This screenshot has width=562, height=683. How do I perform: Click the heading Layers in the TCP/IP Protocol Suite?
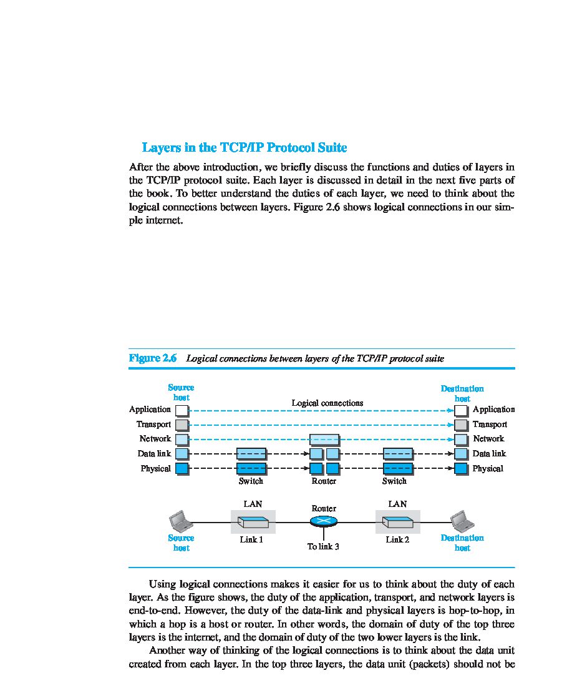245,148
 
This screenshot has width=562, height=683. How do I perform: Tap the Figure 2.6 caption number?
153,358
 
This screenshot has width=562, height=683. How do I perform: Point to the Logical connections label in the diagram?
327,403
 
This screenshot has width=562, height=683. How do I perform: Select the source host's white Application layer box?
182,410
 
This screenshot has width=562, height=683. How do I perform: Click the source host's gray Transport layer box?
182,425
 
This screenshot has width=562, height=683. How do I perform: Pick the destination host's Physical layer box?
461,468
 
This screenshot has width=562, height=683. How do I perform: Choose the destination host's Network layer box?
461,439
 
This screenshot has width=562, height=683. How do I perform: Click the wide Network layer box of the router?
324,439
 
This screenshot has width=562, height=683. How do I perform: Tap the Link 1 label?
251,539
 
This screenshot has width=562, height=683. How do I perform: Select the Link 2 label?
397,539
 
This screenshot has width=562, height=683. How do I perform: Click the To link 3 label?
323,547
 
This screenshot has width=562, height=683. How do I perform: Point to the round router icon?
324,521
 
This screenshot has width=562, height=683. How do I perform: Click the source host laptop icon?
180,520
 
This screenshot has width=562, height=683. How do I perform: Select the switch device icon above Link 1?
253,522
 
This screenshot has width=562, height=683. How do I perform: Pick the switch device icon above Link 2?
397,522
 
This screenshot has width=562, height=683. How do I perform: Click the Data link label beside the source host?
154,454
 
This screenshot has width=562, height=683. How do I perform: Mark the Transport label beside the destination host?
490,425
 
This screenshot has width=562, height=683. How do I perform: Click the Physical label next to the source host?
155,468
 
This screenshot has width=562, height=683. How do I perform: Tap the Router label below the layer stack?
324,481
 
